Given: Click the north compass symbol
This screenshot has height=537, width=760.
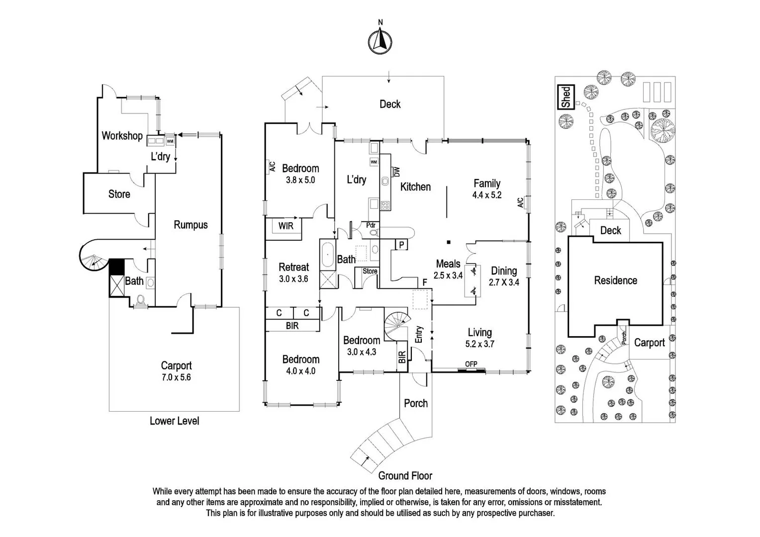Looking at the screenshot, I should coord(380,39).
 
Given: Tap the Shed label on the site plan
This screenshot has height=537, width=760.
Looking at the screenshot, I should coord(566,96).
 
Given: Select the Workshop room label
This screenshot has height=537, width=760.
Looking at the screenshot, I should coord(122,136).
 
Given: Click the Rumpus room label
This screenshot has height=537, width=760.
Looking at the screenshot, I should coord(190,225).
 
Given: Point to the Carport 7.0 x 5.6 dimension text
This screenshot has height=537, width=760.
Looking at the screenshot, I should coord(176,377).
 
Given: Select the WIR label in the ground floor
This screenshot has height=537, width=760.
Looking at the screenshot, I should coord(285,226).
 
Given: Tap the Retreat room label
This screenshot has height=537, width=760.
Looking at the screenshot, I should coord(293,267).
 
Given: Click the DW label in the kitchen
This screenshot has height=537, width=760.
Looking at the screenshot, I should coord(396,172).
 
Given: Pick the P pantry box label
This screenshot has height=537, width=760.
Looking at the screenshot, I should coord(401,245).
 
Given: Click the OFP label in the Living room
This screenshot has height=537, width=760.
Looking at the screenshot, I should coord(471,364).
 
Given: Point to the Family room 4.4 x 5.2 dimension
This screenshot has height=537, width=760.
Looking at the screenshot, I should coord(486,195).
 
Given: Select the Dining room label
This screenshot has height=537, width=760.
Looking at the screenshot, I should coord(504,271).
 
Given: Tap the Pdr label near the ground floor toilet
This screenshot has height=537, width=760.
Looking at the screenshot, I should coord(371,225).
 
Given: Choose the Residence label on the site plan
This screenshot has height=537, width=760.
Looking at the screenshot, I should coord(615,280).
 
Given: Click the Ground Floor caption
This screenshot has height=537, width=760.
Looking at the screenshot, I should coord(405,476).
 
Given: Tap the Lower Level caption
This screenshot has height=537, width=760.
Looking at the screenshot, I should coord(174,421).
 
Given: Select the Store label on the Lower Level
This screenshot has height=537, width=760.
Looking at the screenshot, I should coord(119,194).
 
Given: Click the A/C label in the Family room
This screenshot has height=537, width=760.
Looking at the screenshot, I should coord(520,202).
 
